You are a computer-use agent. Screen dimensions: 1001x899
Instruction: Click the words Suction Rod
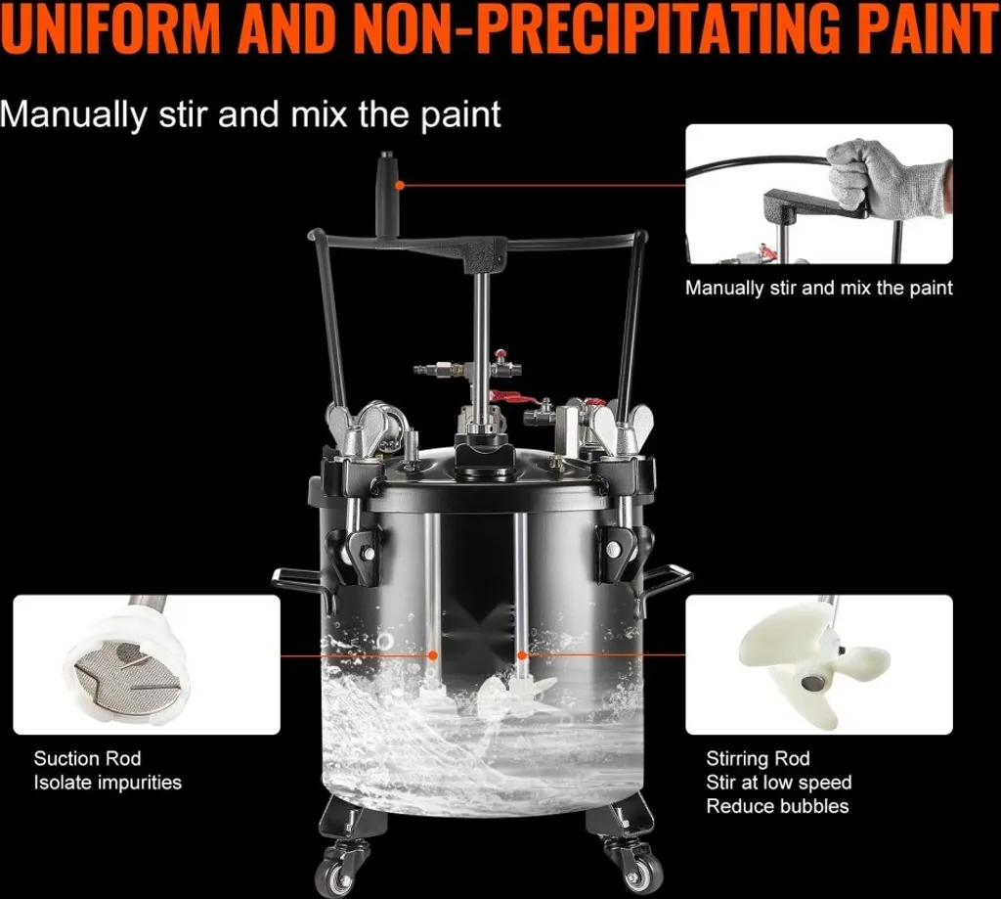click(x=87, y=758)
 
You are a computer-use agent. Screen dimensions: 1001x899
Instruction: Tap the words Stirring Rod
click(x=758, y=758)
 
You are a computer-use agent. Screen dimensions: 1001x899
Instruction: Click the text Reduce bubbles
click(x=777, y=806)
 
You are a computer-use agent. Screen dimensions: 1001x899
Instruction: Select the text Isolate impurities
click(x=108, y=783)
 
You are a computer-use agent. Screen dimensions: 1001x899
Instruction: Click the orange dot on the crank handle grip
click(x=400, y=185)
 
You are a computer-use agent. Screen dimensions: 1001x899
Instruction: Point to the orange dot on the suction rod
click(x=433, y=655)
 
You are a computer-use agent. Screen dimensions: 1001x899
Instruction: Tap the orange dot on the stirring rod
click(x=522, y=655)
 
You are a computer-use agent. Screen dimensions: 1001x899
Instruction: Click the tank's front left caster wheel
click(x=339, y=876)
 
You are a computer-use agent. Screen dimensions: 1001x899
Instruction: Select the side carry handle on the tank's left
click(x=301, y=583)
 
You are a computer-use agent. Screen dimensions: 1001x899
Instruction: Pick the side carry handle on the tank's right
click(x=667, y=579)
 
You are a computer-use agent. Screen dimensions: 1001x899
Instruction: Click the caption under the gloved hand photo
click(x=818, y=289)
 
